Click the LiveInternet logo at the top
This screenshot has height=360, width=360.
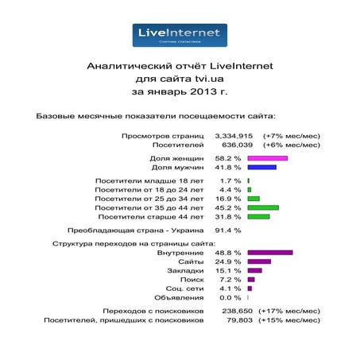pos(179,35)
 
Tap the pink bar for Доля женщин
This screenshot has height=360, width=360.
pos(267,158)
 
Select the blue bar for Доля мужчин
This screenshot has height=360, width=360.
pos(261,167)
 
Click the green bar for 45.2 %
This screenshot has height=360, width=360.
pos(263,207)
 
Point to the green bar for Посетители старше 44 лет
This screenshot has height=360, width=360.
pos(258,216)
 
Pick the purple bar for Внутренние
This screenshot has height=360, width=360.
pos(269,253)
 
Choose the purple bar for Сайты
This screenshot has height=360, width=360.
pos(258,261)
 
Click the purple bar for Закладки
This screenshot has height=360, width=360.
pos(254,270)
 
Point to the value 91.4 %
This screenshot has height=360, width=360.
pos(228,230)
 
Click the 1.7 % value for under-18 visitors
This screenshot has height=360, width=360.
pos(230,180)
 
